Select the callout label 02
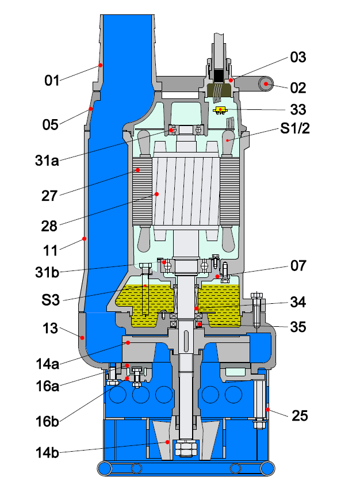click(298, 88)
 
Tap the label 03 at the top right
click(298, 58)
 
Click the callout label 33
click(298, 109)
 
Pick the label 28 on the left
click(49, 226)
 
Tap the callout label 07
click(298, 266)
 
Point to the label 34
click(298, 302)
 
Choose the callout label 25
click(298, 414)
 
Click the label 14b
click(47, 452)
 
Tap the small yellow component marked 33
click(221, 109)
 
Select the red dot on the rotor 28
click(156, 194)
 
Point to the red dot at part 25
click(268, 409)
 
